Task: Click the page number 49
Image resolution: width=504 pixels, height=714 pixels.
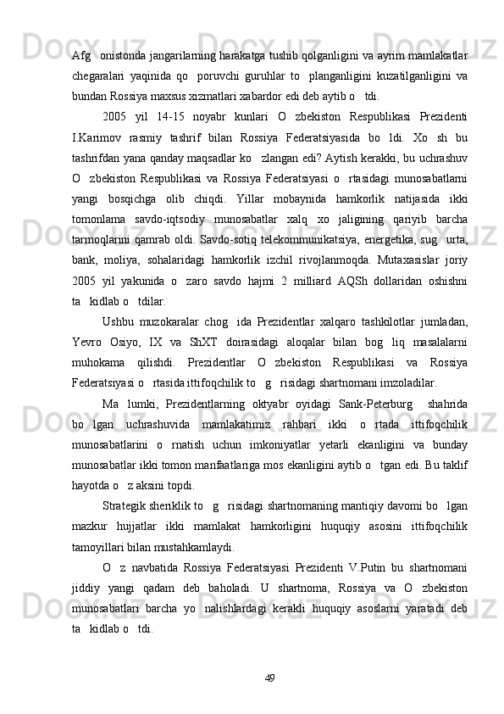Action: (271, 678)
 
